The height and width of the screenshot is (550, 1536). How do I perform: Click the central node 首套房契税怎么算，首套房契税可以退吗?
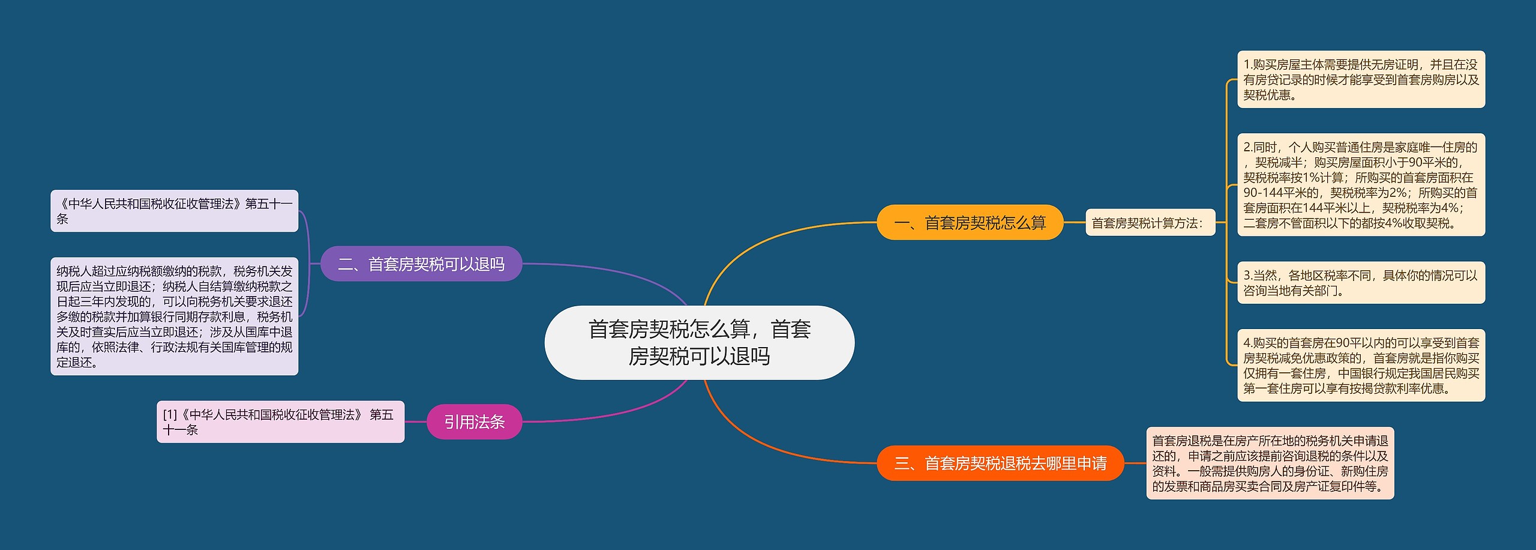click(699, 342)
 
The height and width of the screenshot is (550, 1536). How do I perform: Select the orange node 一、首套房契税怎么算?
click(970, 223)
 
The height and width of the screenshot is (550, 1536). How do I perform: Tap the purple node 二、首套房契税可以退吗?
click(421, 264)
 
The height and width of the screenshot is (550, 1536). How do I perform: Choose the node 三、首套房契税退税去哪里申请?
click(1000, 463)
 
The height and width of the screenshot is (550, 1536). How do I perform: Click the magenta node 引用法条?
click(474, 422)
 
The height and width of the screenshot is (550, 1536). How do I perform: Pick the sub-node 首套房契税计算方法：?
click(1150, 223)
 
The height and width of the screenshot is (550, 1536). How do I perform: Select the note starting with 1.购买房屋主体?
click(1361, 79)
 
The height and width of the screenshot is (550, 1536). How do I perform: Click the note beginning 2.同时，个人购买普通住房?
click(1361, 185)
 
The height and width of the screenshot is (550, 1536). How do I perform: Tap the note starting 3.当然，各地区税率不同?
click(1361, 283)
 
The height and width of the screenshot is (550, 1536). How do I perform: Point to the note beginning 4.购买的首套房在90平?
click(1361, 365)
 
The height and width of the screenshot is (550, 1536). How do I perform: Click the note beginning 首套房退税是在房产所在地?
click(1270, 463)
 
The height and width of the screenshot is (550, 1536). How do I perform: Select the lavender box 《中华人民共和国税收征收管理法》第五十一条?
click(174, 211)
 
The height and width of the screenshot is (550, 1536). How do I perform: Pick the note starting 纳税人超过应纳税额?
click(174, 316)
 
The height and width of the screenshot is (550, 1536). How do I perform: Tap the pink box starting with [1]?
click(280, 422)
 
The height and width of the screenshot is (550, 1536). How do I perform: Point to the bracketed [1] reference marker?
click(170, 415)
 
